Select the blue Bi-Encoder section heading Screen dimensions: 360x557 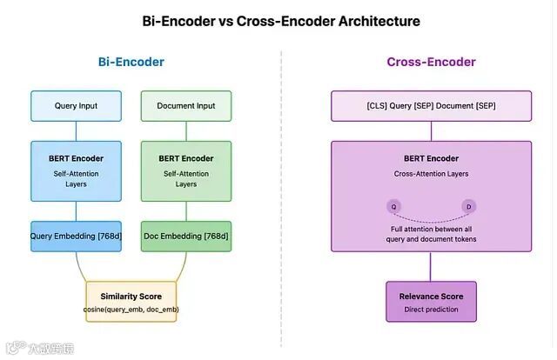tap(131, 63)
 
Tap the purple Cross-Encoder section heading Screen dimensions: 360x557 tap(432, 63)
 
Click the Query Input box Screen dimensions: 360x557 tap(76, 106)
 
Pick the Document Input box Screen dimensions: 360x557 tap(186, 106)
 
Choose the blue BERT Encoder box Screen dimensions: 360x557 tap(76, 171)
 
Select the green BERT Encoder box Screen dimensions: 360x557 tap(186, 171)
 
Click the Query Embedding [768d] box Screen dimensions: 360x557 tap(76, 237)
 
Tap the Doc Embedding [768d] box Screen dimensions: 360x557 tap(186, 237)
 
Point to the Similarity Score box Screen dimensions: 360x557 tap(131, 301)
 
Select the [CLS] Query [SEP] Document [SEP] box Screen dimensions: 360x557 tap(431, 106)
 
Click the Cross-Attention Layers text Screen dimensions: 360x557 tap(431, 174)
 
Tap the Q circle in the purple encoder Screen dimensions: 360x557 tap(394, 206)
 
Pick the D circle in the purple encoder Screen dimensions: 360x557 tap(468, 206)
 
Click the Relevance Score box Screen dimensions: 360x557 tap(431, 301)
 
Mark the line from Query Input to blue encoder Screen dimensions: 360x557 tap(76, 131)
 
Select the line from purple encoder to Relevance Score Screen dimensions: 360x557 tap(431, 268)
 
